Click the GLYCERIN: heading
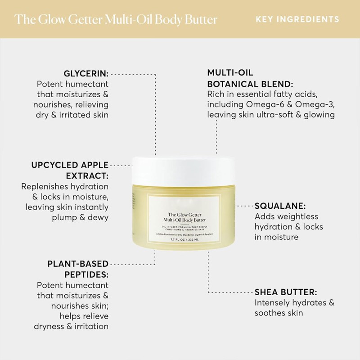click(86, 73)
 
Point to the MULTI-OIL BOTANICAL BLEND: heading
click(250, 78)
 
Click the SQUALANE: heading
click(280, 206)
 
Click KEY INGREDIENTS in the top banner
click(297, 19)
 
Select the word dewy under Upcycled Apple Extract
click(99, 218)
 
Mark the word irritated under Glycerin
click(75, 114)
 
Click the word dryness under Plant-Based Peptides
click(50, 326)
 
